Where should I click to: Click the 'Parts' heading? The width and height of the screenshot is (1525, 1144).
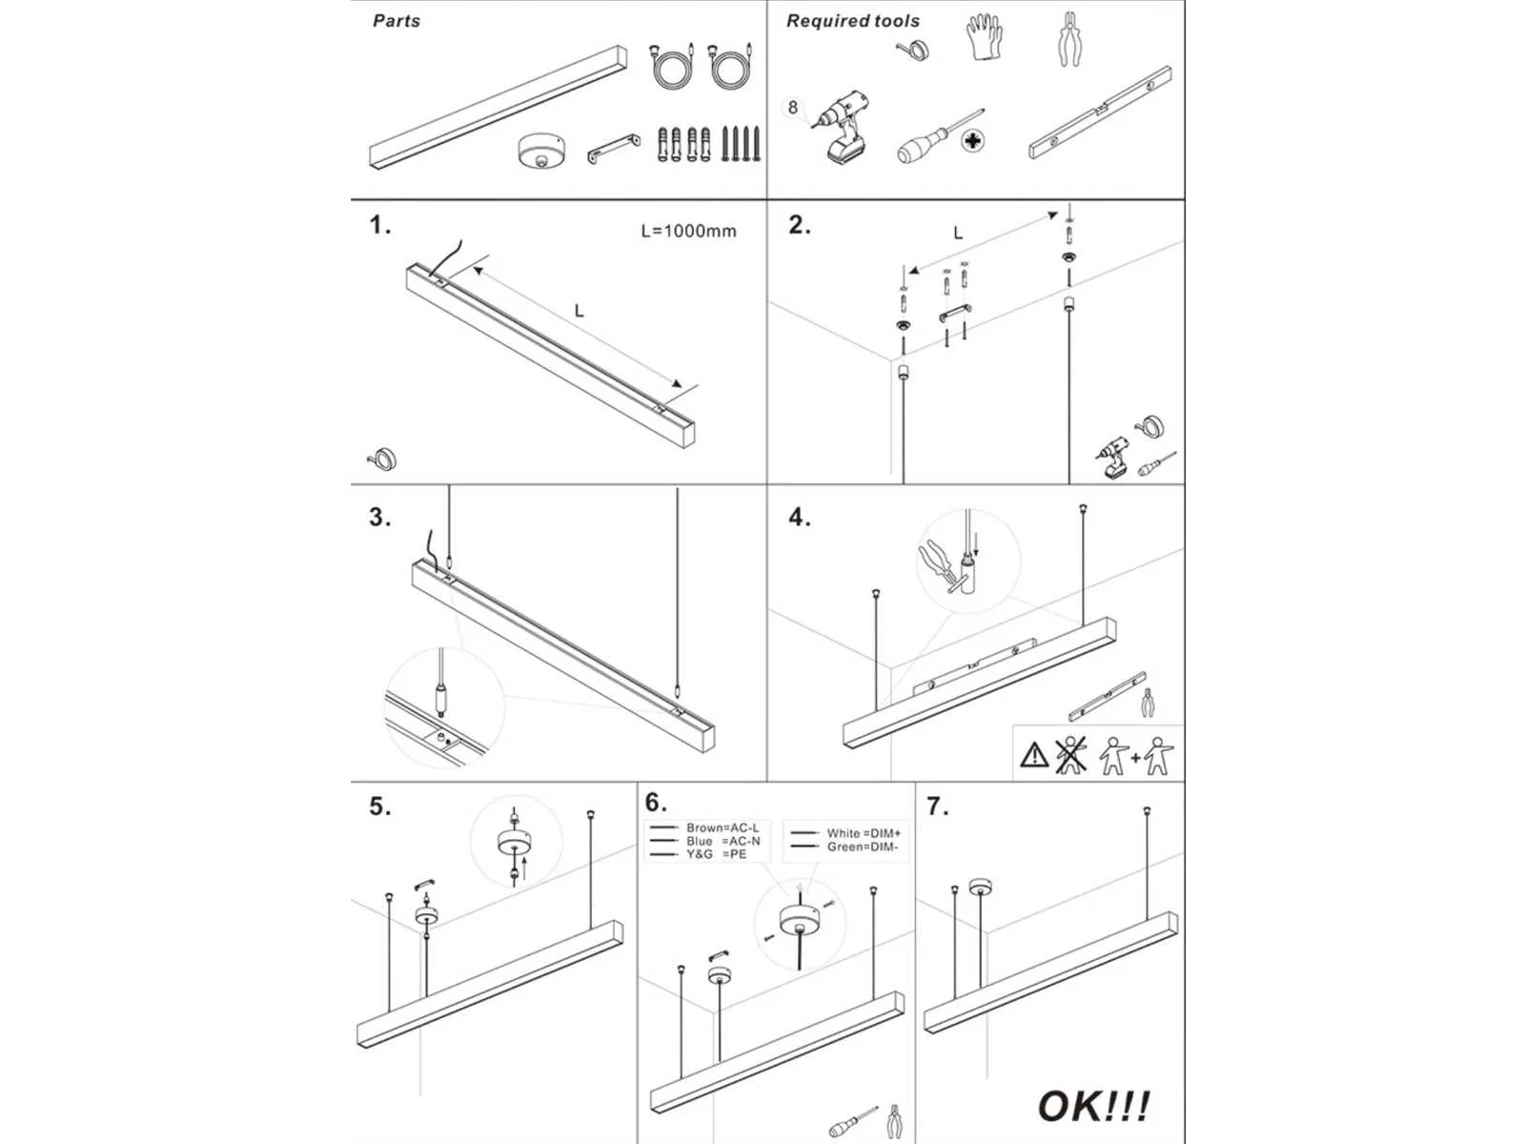396,21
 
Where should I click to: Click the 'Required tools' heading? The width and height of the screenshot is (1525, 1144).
852,21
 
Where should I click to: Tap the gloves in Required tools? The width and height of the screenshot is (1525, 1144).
984,39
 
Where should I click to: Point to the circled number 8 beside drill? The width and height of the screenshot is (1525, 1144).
793,108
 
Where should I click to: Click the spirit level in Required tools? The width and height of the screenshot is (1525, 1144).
1100,112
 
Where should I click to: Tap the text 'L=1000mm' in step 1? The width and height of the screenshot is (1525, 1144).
688,231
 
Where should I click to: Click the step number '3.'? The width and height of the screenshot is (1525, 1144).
379,517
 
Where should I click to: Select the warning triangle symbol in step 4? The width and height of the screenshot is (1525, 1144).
1034,756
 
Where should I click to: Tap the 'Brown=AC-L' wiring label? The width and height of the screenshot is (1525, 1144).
722,827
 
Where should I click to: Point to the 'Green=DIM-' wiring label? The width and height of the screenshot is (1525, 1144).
862,847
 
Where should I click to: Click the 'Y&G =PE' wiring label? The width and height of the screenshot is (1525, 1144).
716,854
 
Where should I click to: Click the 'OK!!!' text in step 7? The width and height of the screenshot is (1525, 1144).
1093,1107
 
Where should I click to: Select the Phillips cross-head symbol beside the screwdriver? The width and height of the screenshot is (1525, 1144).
972,142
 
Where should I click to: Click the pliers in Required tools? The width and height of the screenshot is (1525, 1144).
1071,39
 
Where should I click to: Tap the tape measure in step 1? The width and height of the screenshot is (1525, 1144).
382,460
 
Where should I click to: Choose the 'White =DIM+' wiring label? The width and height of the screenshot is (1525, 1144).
863,833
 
